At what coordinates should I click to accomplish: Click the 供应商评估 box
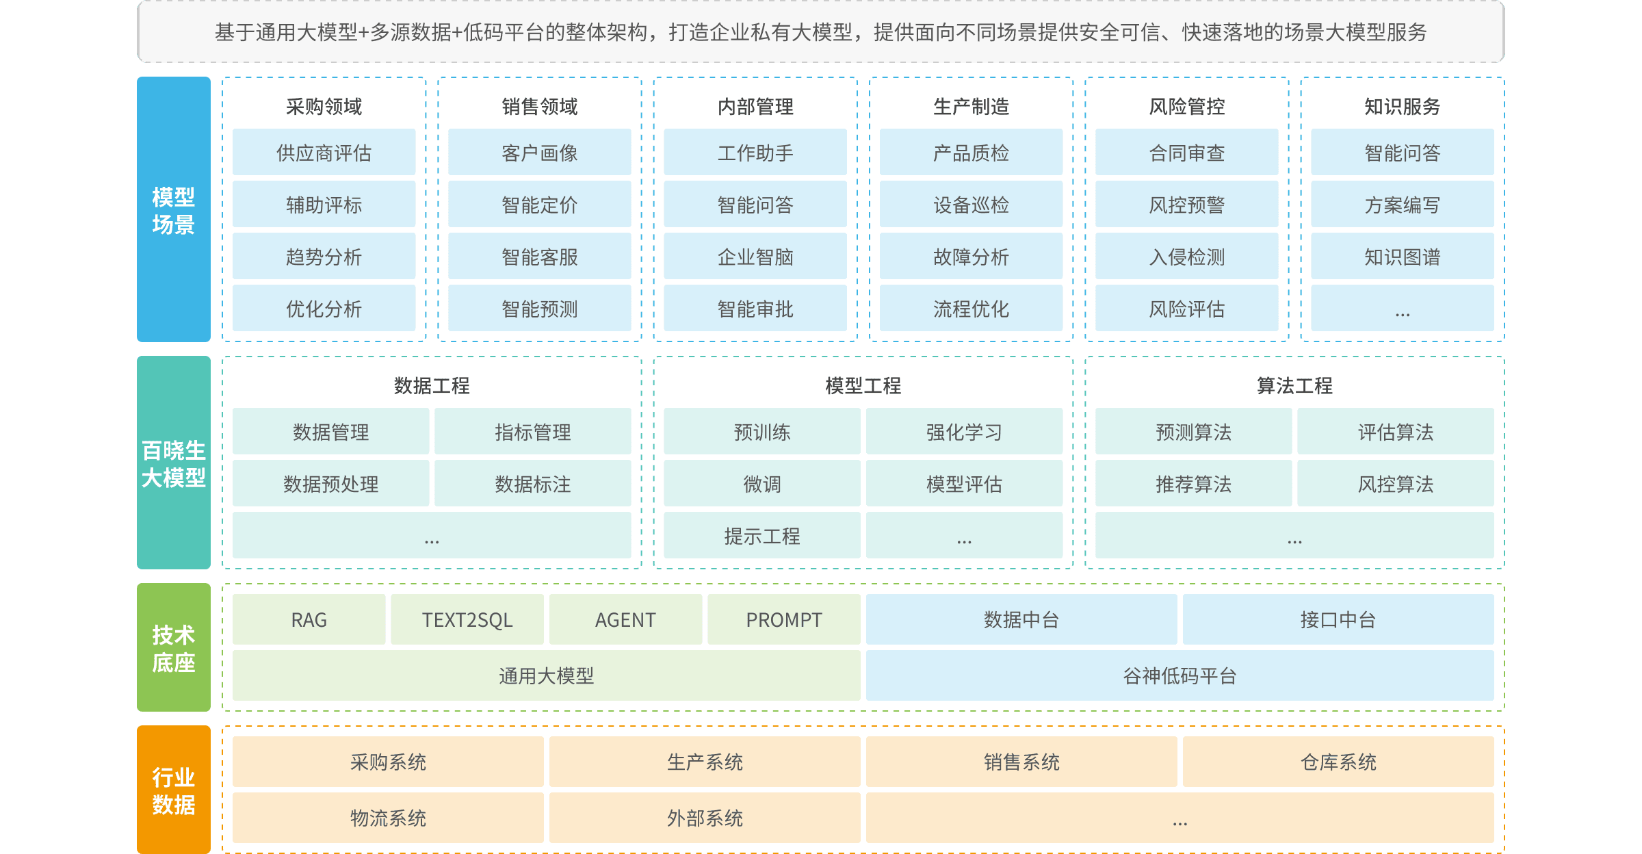pyautogui.click(x=324, y=153)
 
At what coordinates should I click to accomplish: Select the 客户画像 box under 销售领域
pyautogui.click(x=539, y=153)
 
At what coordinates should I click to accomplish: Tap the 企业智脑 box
pyautogui.click(x=755, y=257)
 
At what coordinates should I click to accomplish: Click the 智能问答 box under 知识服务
pyautogui.click(x=1402, y=153)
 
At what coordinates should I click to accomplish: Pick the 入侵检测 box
pyautogui.click(x=1186, y=257)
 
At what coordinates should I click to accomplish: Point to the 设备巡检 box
pyautogui.click(x=971, y=205)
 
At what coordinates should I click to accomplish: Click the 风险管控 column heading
pyautogui.click(x=1186, y=106)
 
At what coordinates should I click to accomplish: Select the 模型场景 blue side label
pyautogui.click(x=173, y=209)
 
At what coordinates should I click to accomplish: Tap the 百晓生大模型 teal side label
pyautogui.click(x=173, y=463)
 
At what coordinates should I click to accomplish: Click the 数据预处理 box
pyautogui.click(x=330, y=484)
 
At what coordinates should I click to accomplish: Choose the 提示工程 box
pyautogui.click(x=761, y=536)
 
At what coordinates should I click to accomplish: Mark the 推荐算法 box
pyautogui.click(x=1193, y=484)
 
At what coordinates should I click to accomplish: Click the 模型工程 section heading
pyautogui.click(x=863, y=385)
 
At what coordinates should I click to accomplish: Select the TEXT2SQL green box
pyautogui.click(x=467, y=619)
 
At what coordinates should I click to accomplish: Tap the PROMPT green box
pyautogui.click(x=783, y=619)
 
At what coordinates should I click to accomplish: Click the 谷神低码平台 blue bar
pyautogui.click(x=1180, y=675)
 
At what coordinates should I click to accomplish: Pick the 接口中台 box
pyautogui.click(x=1338, y=619)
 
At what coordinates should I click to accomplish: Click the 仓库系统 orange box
pyautogui.click(x=1338, y=762)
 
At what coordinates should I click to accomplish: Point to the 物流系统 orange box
pyautogui.click(x=388, y=818)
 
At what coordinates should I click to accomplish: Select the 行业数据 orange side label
pyautogui.click(x=173, y=790)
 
